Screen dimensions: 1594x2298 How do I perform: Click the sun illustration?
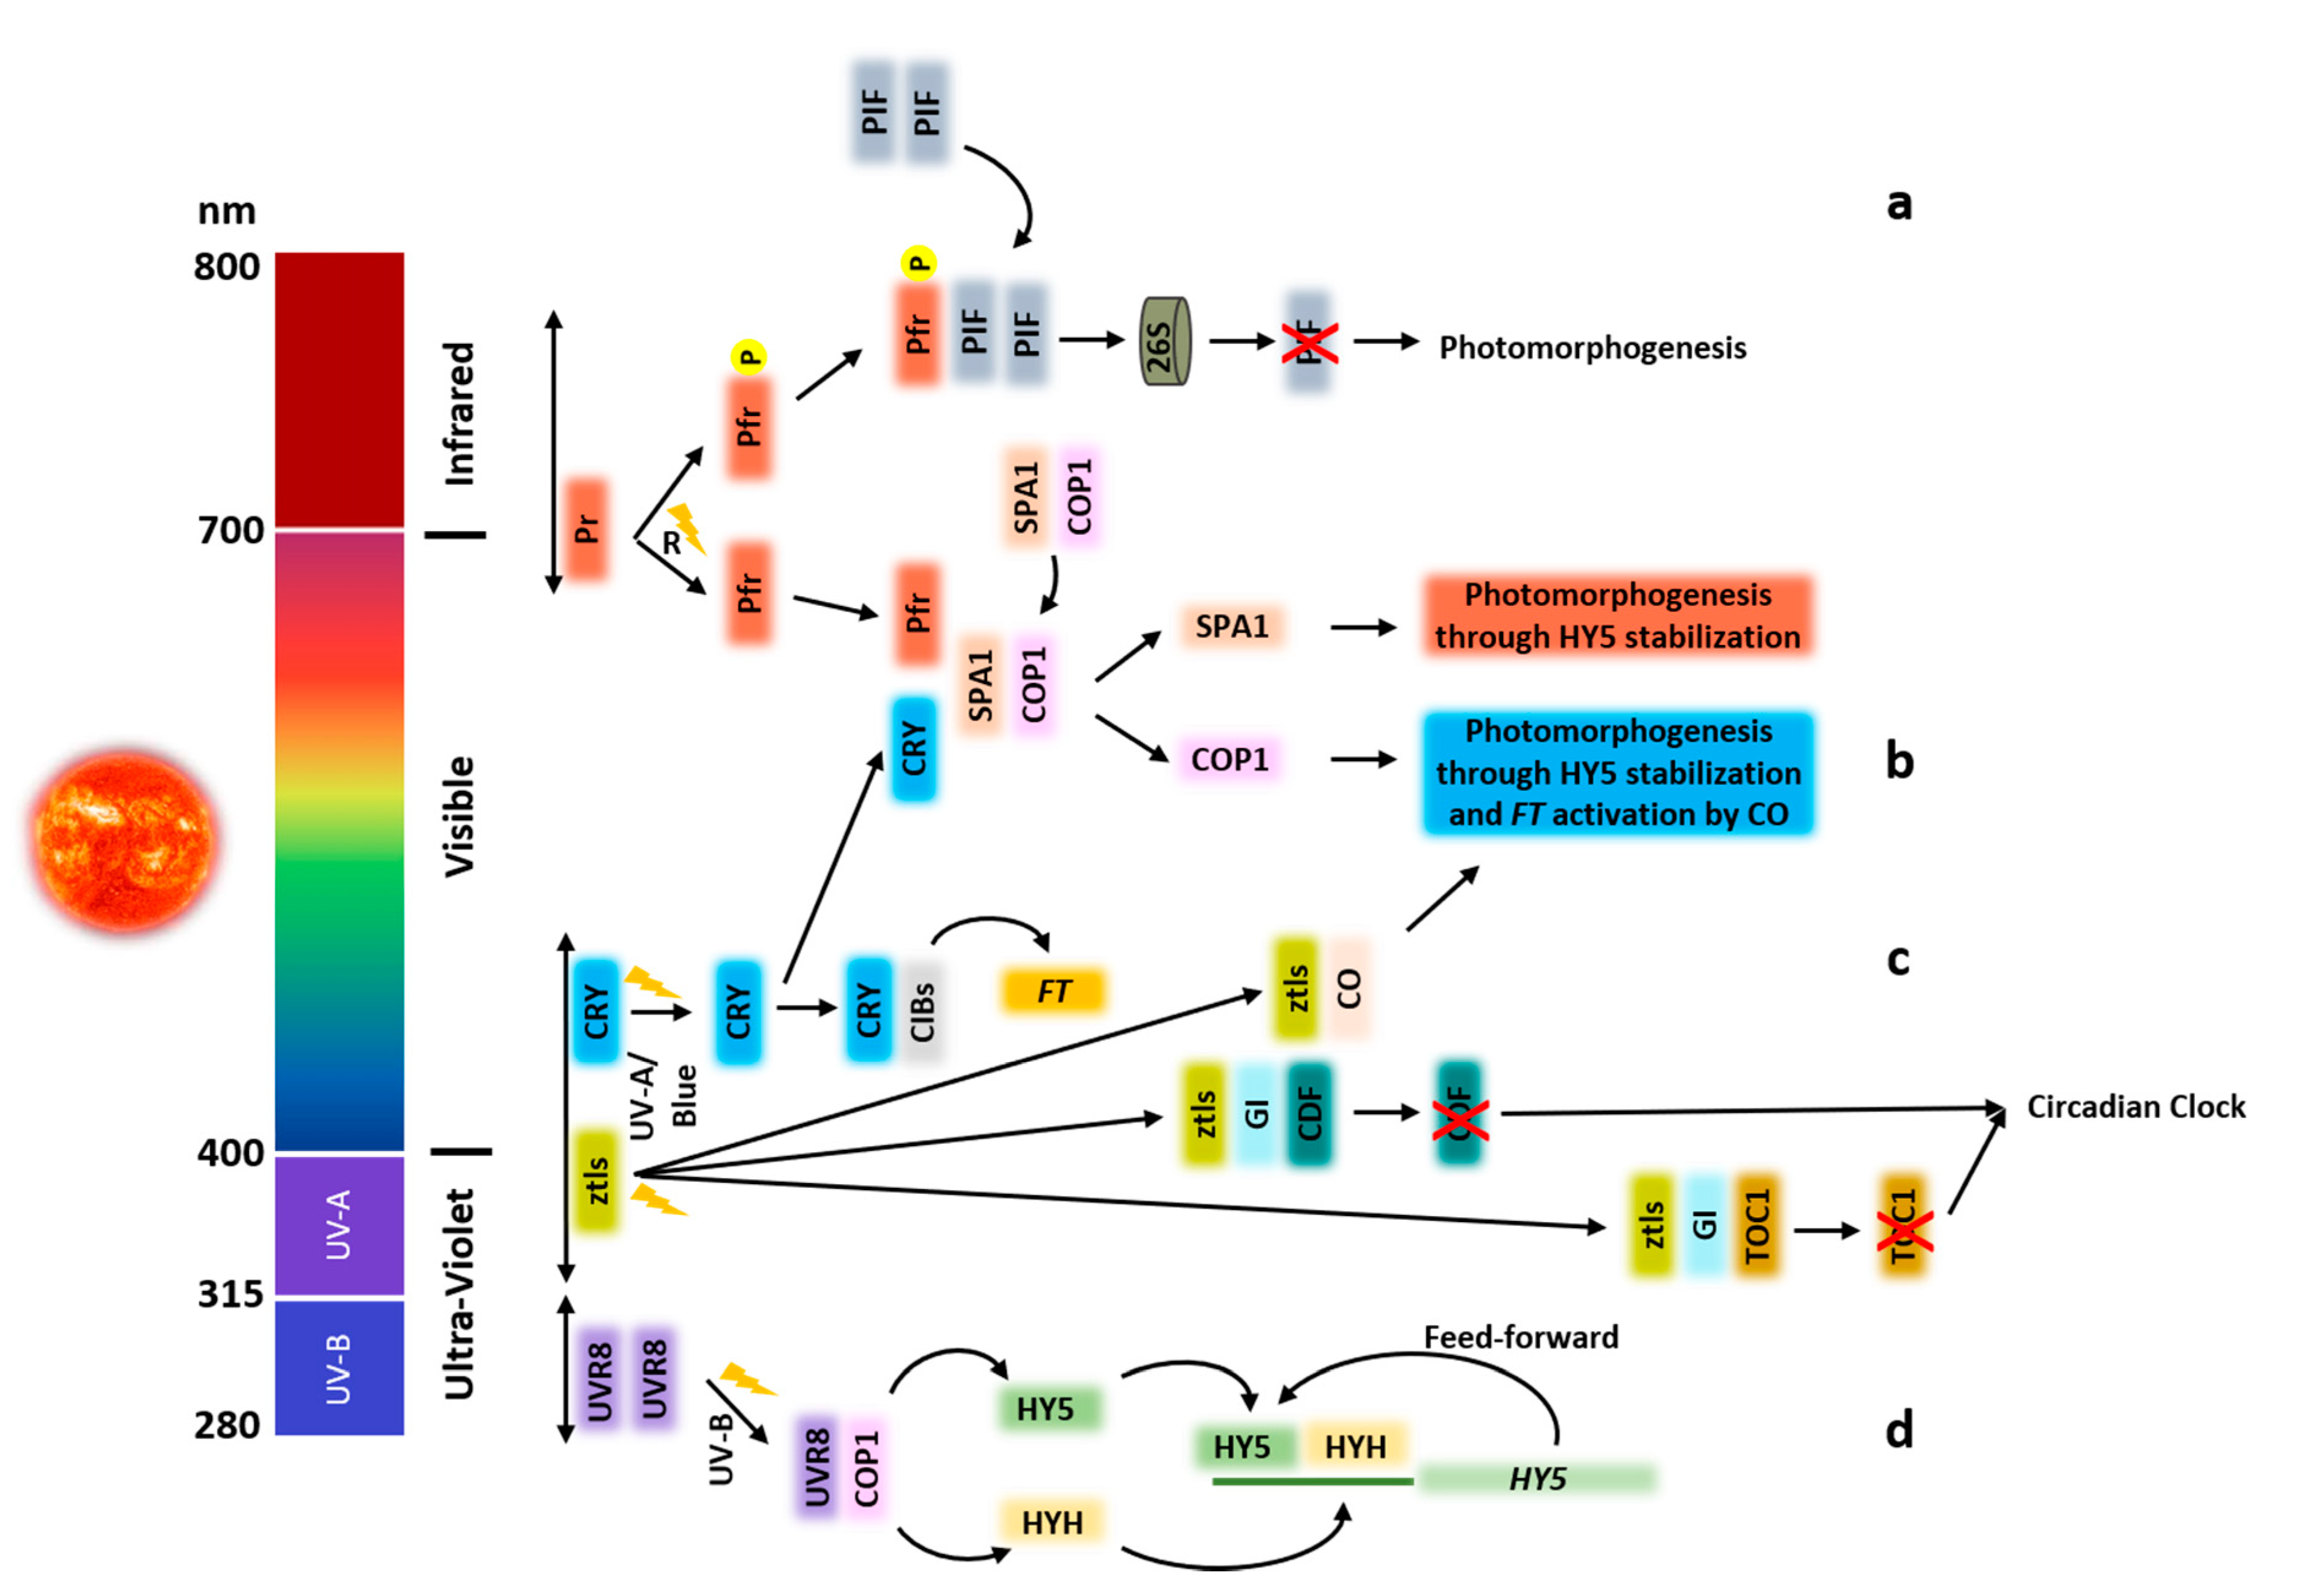tap(125, 839)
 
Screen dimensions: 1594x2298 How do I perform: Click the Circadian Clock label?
tap(2135, 1106)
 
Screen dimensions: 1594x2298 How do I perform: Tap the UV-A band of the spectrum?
tap(339, 1223)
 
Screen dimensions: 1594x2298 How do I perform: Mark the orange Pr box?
tap(587, 528)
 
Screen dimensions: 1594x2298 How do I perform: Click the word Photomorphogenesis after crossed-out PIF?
tap(1592, 347)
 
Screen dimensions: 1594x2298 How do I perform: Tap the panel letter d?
tap(1898, 1430)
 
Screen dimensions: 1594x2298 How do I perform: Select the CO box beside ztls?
tap(1349, 989)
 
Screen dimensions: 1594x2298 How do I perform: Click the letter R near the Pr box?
tap(671, 543)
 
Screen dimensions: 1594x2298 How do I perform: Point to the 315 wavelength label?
tap(230, 1294)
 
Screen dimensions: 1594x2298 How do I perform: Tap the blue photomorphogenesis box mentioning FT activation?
tap(1618, 772)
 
